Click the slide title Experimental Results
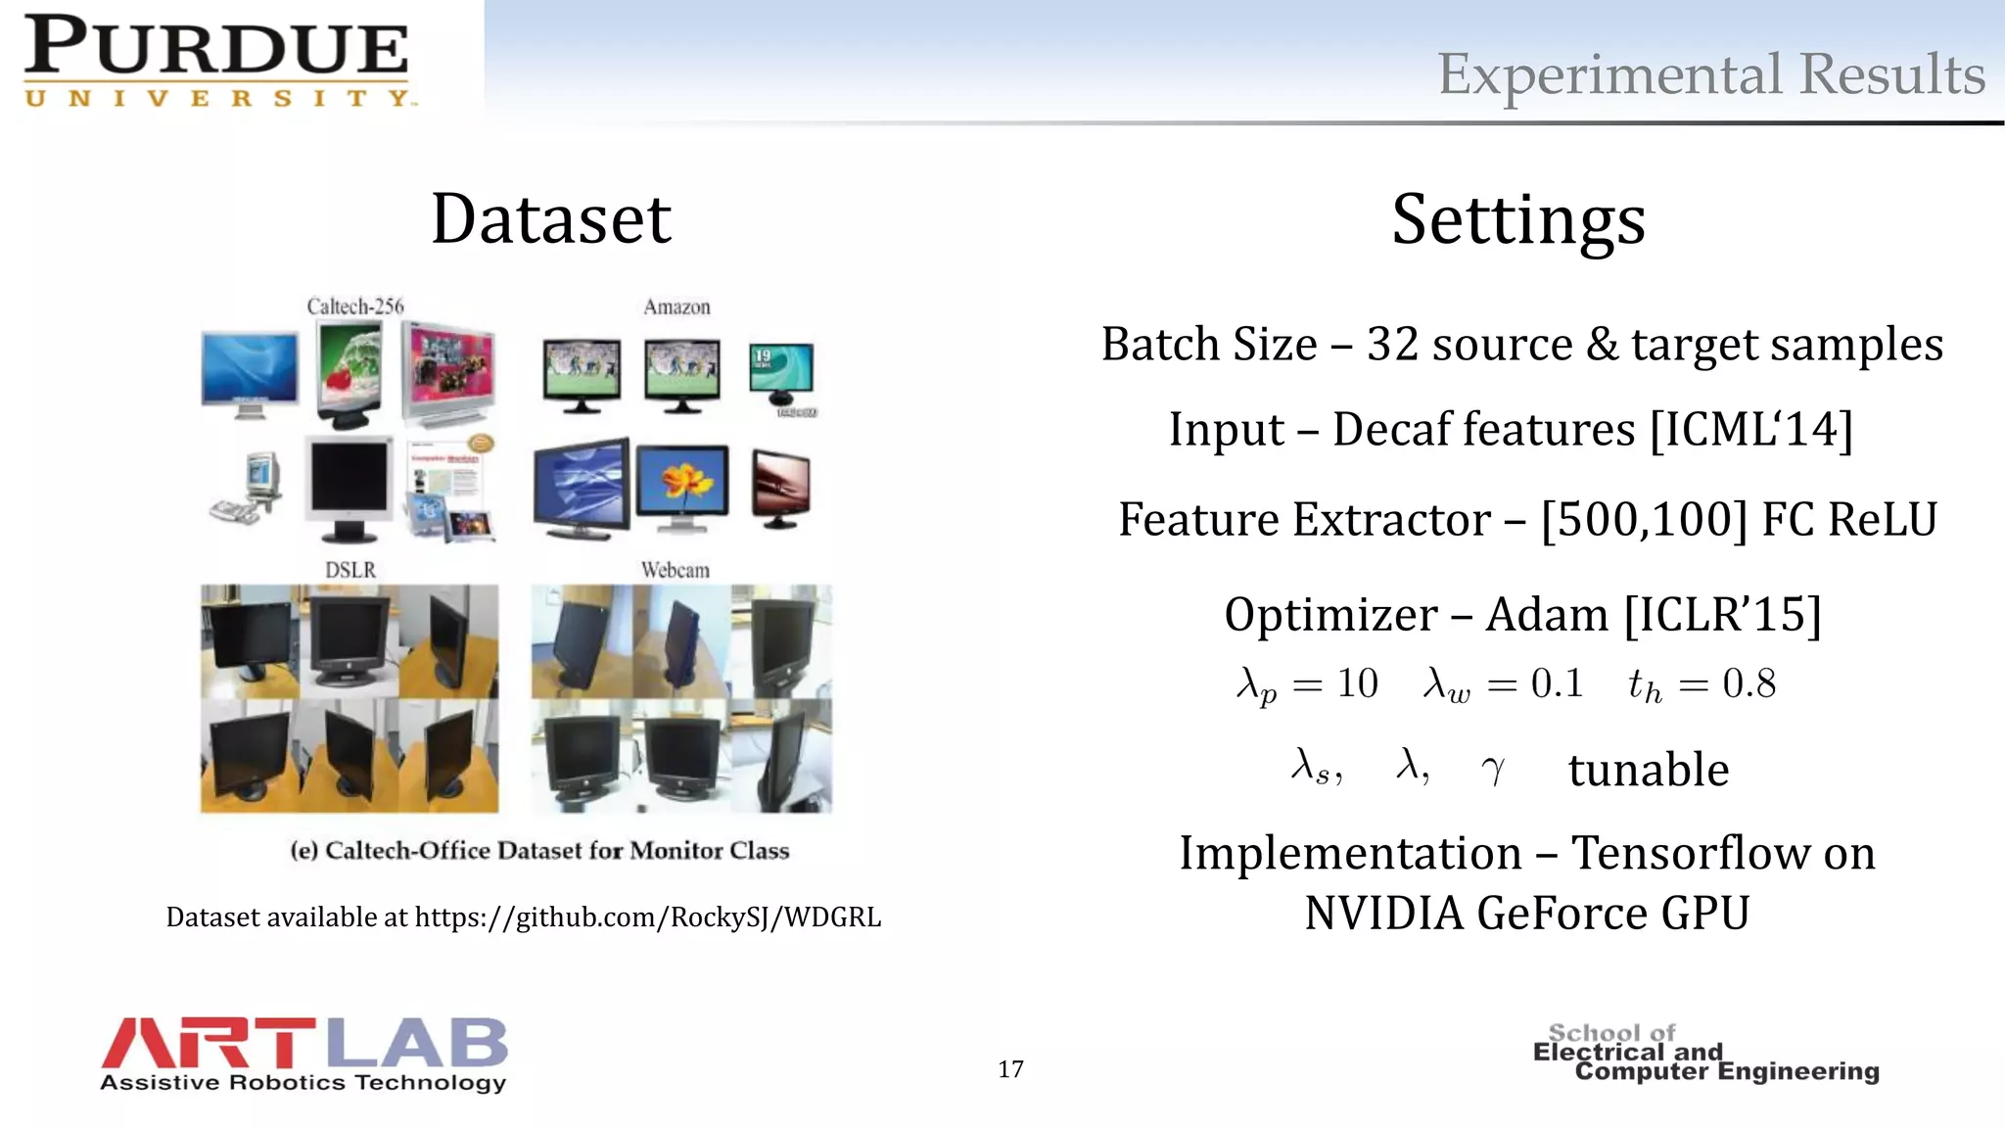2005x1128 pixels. [x=1710, y=74]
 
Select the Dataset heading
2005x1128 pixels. [x=551, y=218]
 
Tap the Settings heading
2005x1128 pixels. [x=1517, y=219]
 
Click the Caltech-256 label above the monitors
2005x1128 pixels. [x=354, y=306]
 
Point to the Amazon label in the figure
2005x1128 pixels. [x=676, y=307]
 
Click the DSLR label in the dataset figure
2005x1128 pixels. [x=350, y=570]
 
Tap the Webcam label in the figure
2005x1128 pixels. [x=675, y=570]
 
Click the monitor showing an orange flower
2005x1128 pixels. [x=682, y=487]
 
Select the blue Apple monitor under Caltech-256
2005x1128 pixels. [x=250, y=372]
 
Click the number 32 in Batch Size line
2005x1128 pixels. [x=1392, y=345]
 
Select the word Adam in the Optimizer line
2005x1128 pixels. [x=1546, y=615]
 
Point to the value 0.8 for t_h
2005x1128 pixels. [x=1749, y=683]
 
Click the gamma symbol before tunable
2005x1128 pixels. [x=1493, y=770]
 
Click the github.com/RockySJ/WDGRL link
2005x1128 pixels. [x=648, y=917]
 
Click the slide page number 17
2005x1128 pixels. [x=1010, y=1068]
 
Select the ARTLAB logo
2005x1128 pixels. [x=303, y=1054]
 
